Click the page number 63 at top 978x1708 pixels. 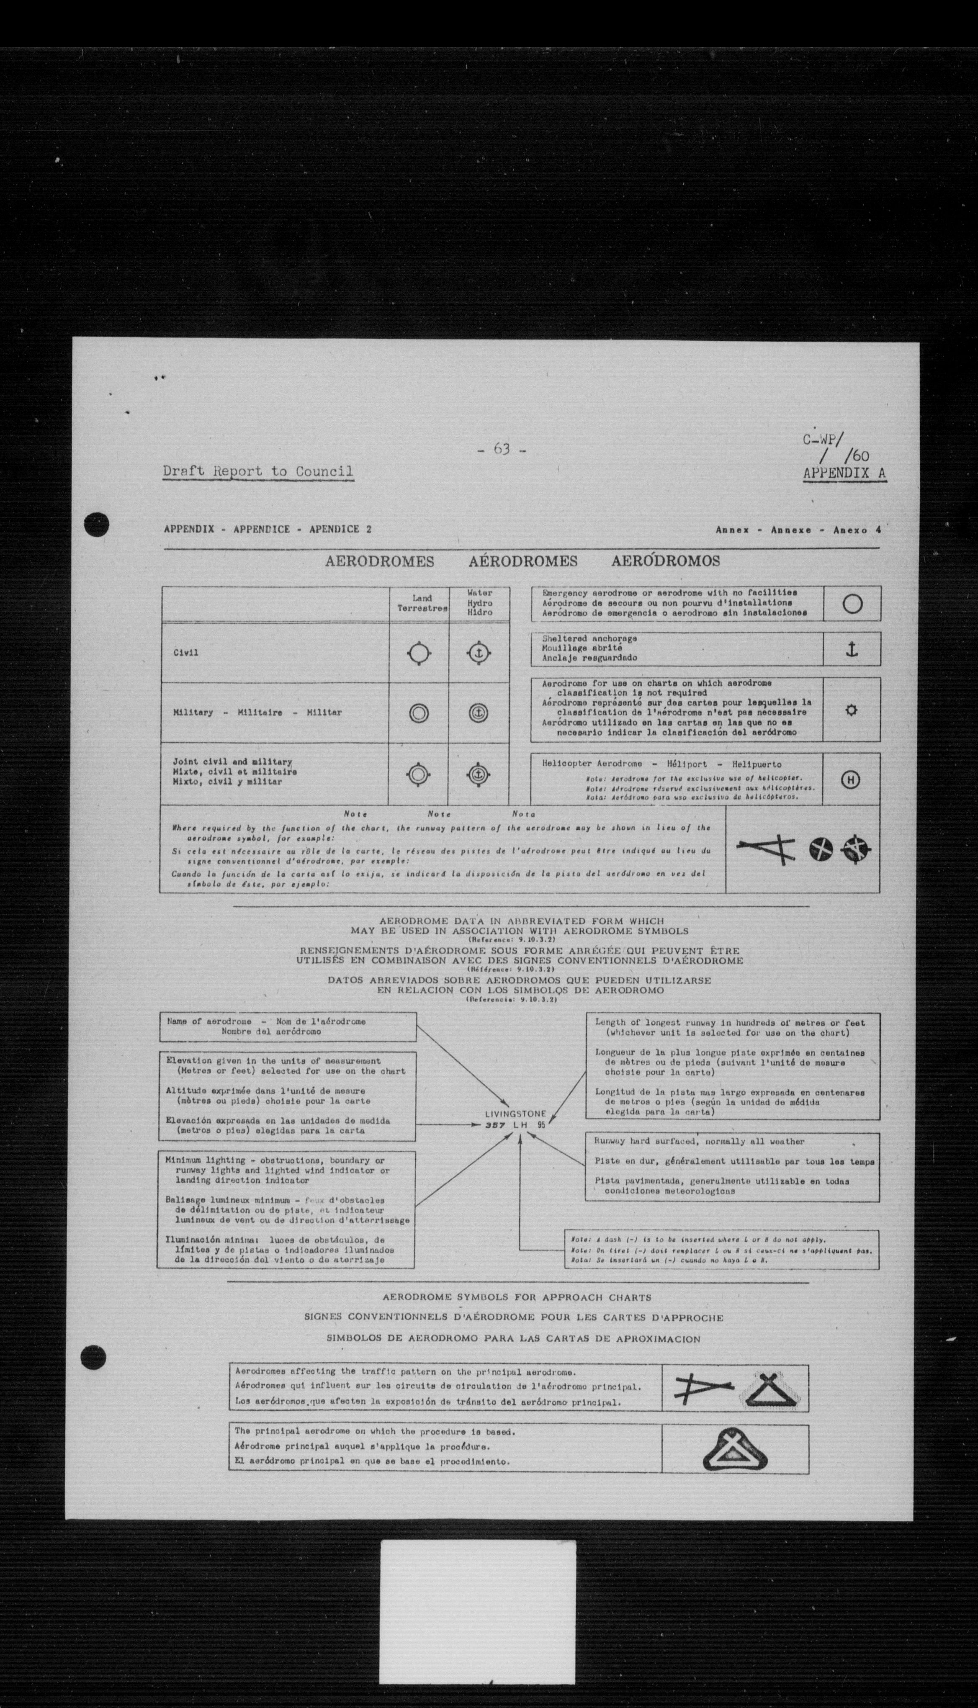click(x=501, y=449)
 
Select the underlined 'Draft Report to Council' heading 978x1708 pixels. click(x=258, y=471)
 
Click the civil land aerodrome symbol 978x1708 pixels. click(x=419, y=653)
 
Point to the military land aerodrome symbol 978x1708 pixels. click(x=419, y=713)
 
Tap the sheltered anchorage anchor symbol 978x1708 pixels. click(x=852, y=649)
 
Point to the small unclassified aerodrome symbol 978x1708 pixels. click(x=851, y=710)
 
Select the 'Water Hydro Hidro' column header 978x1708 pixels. click(x=480, y=602)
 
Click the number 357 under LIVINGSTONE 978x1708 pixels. click(x=496, y=1125)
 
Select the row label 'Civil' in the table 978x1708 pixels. click(x=185, y=653)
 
